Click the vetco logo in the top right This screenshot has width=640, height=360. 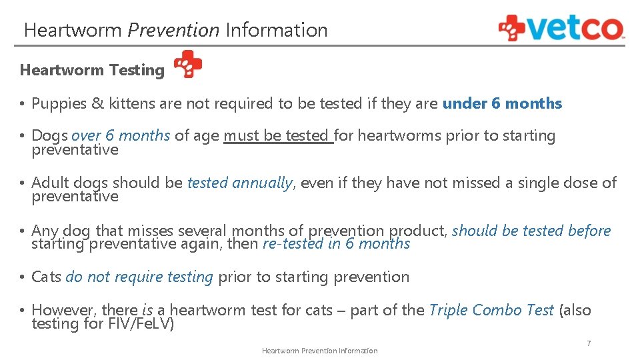(561, 28)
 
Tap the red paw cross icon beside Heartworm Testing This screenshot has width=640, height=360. (187, 65)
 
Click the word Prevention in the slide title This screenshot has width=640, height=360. (173, 30)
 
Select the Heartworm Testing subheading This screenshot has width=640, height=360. (92, 70)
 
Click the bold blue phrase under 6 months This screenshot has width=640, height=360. (502, 103)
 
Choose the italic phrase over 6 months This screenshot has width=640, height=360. (121, 135)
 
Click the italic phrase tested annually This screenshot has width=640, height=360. (240, 183)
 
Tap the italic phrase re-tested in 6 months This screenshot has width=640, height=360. (336, 244)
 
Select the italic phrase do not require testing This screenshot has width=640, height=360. (139, 277)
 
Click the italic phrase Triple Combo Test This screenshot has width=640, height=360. (491, 310)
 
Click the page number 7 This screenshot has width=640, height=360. (589, 343)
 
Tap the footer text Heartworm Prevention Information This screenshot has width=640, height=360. (319, 351)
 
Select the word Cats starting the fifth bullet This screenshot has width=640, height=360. (46, 277)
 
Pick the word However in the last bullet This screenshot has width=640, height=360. (63, 310)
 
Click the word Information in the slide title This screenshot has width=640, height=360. (276, 30)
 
